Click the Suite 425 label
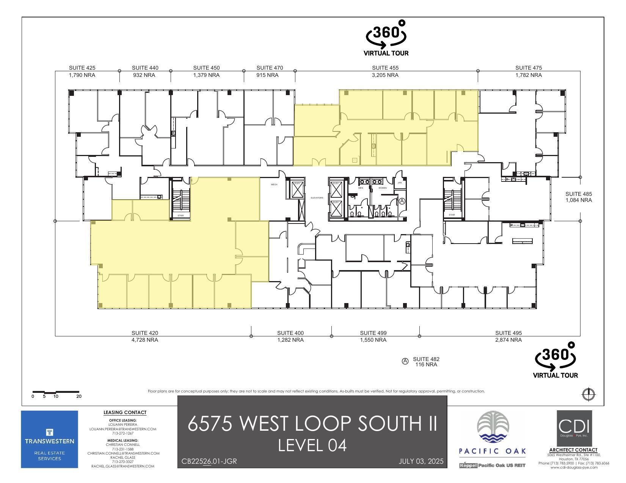tap(82, 68)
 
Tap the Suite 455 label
tap(385, 68)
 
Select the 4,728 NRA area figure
tap(144, 340)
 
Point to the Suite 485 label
tap(578, 194)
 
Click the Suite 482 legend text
tap(426, 359)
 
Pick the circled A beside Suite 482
tap(405, 361)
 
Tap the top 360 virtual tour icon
tap(386, 38)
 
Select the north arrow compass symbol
tap(588, 394)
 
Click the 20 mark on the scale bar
tap(79, 396)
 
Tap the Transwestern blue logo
tap(49, 439)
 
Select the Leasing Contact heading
tap(125, 413)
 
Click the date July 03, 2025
tap(421, 461)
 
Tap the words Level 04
tap(312, 445)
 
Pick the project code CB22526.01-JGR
tap(209, 461)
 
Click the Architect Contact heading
tap(573, 450)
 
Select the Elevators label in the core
tap(317, 198)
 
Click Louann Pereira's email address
tap(123, 429)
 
